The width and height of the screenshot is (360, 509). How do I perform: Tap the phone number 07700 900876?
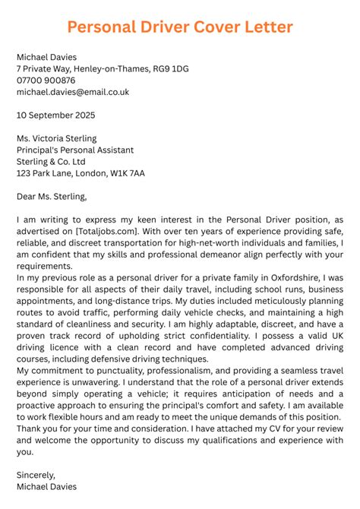(46, 81)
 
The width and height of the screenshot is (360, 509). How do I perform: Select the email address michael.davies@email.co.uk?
(73, 92)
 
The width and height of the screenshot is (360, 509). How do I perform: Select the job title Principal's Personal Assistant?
(75, 150)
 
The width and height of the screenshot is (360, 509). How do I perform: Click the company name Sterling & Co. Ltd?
(51, 162)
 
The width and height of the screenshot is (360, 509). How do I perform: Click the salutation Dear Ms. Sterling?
(52, 197)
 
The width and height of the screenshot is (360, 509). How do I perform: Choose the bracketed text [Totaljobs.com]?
(108, 231)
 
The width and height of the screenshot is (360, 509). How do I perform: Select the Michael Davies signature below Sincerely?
(46, 486)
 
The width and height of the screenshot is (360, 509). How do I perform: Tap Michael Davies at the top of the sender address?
(46, 58)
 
